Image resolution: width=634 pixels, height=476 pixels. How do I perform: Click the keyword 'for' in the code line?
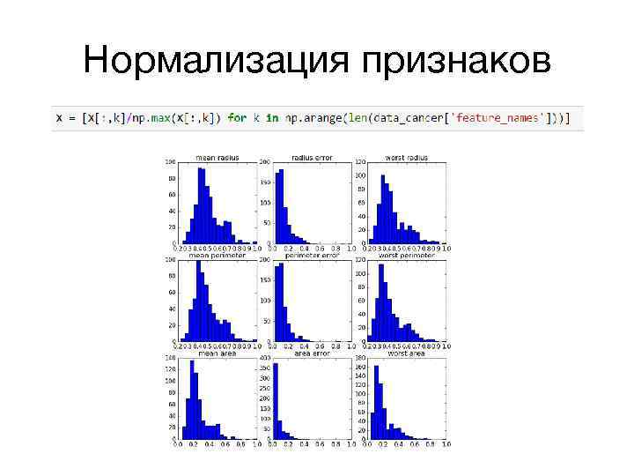pos(237,117)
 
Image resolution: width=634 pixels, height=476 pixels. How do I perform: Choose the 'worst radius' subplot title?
pos(406,158)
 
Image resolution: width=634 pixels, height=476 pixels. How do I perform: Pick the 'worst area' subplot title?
pos(406,353)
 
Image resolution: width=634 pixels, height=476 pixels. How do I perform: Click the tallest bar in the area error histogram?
pos(276,401)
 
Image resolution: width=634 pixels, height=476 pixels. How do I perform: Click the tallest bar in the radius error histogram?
pos(280,208)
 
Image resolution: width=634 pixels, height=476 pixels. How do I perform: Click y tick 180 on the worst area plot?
pos(360,358)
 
